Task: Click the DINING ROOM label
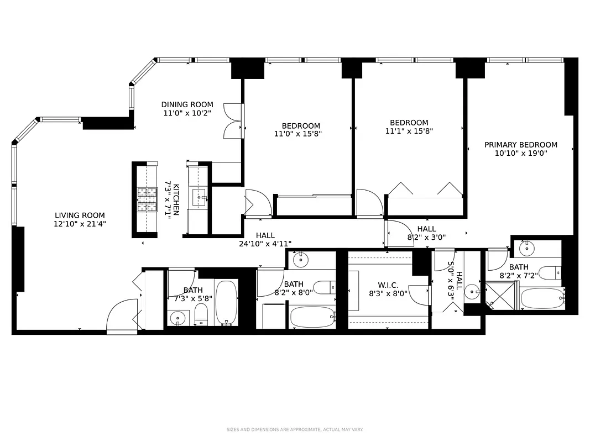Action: pyautogui.click(x=187, y=104)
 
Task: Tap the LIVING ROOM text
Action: pyautogui.click(x=80, y=215)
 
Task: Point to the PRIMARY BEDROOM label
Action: pyautogui.click(x=520, y=145)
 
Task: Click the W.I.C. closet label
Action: pyautogui.click(x=388, y=285)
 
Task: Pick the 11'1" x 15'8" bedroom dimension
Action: pyautogui.click(x=409, y=131)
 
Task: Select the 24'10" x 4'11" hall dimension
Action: pyautogui.click(x=265, y=243)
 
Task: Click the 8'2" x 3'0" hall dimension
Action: pyautogui.click(x=426, y=237)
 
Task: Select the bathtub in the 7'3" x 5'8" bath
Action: pyautogui.click(x=226, y=303)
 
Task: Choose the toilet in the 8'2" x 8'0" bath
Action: pyautogui.click(x=323, y=287)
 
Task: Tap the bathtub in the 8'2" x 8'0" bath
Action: pyautogui.click(x=311, y=317)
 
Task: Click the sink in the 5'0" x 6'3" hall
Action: pyautogui.click(x=472, y=291)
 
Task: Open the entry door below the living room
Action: pyautogui.click(x=121, y=317)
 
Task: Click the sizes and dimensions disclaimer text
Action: pyautogui.click(x=294, y=429)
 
